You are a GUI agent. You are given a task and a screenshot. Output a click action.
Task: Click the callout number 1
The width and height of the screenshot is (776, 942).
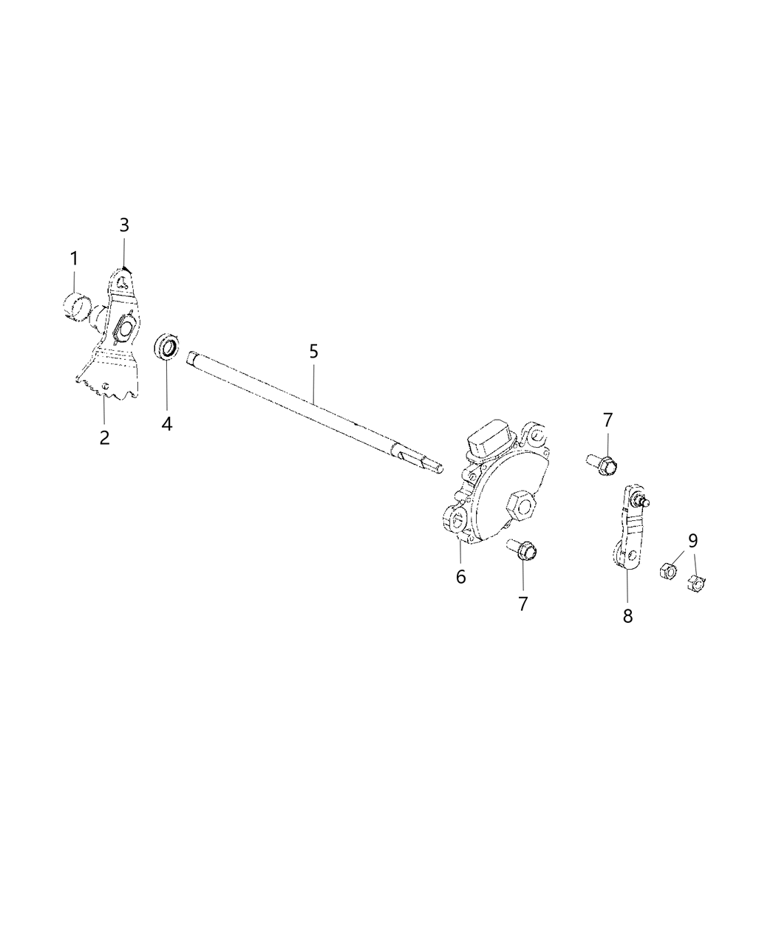[x=74, y=259]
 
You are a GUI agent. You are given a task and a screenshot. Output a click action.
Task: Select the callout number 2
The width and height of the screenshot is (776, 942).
[x=104, y=437]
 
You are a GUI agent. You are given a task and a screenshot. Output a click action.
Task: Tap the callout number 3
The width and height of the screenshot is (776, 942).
[x=124, y=225]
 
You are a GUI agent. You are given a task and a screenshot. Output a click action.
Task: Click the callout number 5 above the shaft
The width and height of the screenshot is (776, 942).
[x=313, y=351]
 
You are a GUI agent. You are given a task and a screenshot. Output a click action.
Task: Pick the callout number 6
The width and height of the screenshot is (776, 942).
[x=460, y=576]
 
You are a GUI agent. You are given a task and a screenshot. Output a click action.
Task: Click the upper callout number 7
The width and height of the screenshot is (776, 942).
[x=607, y=420]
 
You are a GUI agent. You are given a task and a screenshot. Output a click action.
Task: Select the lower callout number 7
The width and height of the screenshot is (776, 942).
[x=523, y=604]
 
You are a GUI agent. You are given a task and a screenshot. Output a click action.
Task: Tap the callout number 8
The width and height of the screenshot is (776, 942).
[x=627, y=615]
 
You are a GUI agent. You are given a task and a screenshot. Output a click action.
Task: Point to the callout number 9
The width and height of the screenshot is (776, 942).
[x=692, y=540]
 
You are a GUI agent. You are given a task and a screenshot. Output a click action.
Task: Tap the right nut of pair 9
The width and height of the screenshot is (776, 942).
[x=695, y=582]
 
